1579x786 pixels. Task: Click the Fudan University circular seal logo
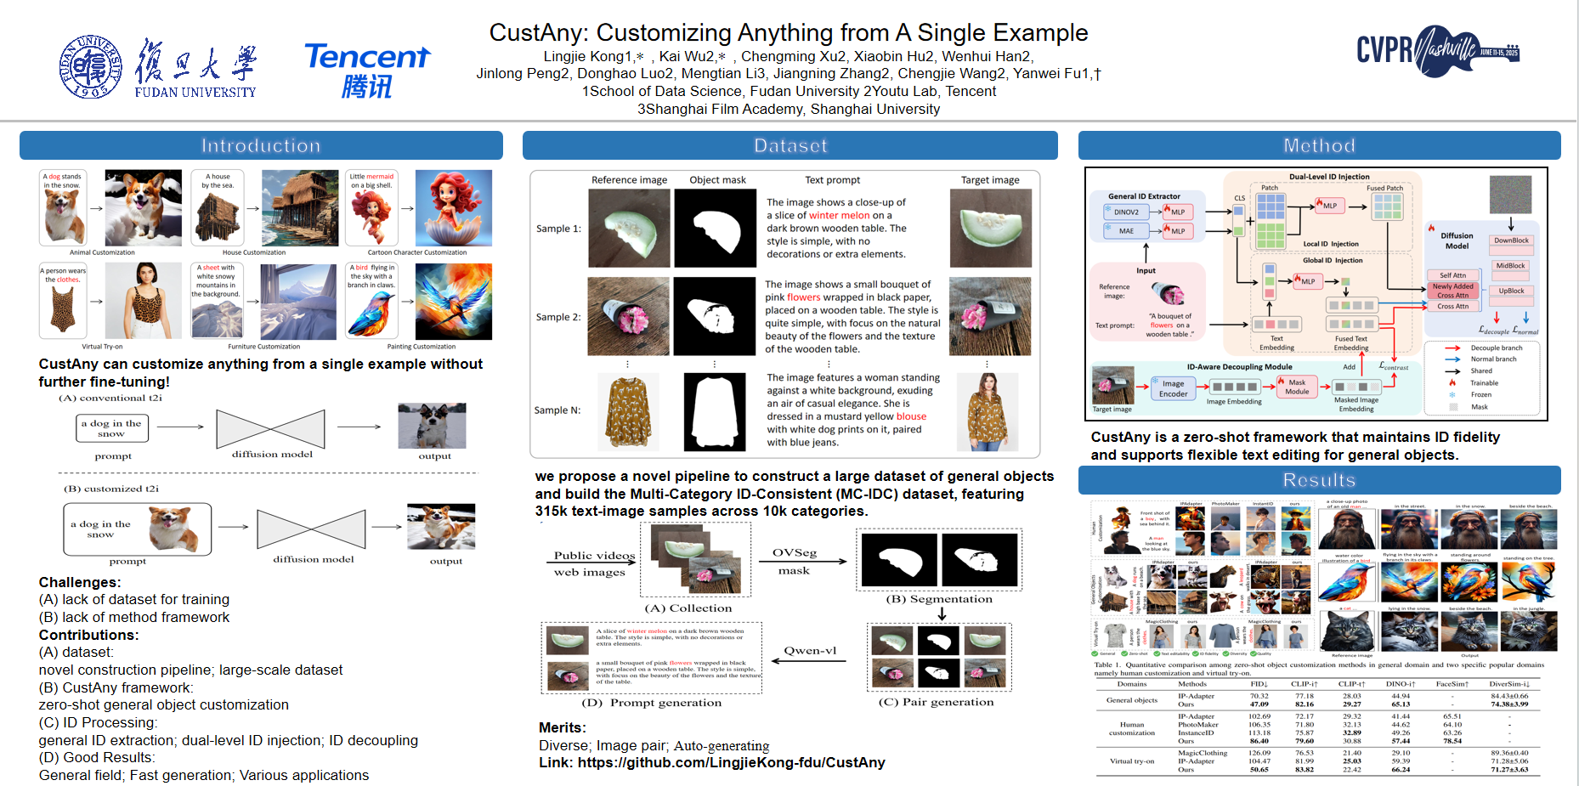(90, 67)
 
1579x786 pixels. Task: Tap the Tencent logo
(367, 70)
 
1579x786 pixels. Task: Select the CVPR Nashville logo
(1437, 51)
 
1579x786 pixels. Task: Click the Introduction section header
(261, 145)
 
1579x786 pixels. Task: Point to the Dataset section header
(789, 145)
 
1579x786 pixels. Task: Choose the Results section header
(1319, 480)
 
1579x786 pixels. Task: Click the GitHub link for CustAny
(731, 762)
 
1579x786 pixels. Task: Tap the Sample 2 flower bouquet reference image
(628, 316)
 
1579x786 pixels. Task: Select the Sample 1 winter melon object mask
(715, 228)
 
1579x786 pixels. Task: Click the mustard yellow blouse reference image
(629, 411)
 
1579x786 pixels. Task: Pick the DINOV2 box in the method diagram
(1126, 212)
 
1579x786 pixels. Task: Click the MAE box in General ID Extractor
(1126, 230)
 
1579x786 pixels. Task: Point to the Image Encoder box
(1173, 388)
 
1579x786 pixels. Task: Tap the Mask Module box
(1297, 387)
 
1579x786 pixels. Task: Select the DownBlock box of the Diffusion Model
(1511, 240)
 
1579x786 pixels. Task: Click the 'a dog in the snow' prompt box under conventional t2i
(111, 428)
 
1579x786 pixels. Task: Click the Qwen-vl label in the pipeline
(810, 651)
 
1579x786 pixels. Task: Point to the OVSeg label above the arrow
(794, 553)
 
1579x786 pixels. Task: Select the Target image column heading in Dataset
(990, 180)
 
